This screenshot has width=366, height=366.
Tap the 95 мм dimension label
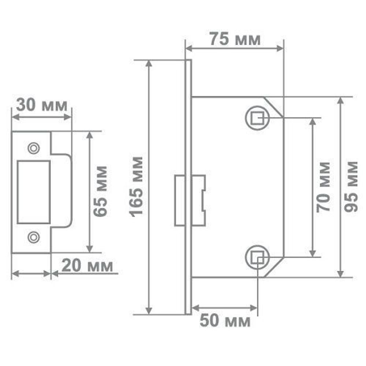coord(352,186)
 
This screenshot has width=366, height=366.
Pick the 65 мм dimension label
coord(100,191)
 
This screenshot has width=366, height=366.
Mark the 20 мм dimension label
coord(87,266)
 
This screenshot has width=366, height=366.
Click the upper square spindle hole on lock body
coord(258,118)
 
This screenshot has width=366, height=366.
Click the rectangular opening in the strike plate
coord(34,192)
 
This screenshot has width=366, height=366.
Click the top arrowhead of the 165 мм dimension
coord(149,63)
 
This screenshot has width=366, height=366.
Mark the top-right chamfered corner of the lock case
coord(274,107)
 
